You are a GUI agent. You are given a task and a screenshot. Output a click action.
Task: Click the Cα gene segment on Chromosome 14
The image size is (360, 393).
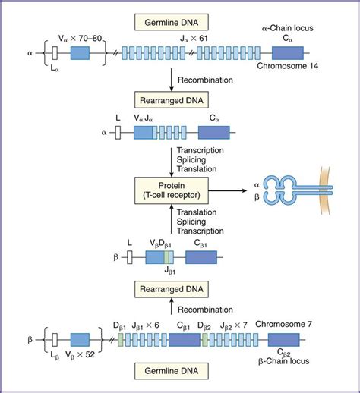point(287,54)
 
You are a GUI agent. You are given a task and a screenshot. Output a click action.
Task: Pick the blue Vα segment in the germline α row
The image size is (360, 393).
point(80,54)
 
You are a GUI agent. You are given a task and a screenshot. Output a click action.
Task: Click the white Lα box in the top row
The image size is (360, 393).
point(54,54)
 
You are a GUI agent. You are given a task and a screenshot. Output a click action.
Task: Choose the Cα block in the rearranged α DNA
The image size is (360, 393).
point(214,132)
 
